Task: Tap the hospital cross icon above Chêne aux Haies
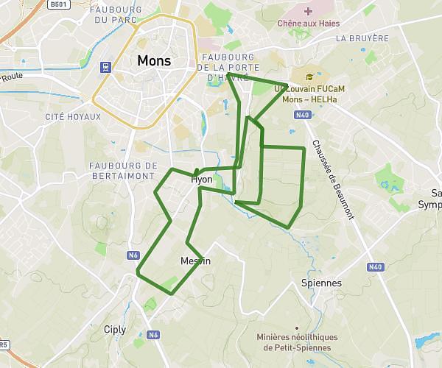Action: (x=308, y=11)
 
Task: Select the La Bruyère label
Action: (x=361, y=38)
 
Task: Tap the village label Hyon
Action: (x=201, y=180)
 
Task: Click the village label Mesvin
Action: (x=195, y=261)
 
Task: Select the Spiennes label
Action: (x=322, y=283)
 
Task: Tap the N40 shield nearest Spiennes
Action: (x=376, y=266)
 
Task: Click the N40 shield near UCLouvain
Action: (x=301, y=115)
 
